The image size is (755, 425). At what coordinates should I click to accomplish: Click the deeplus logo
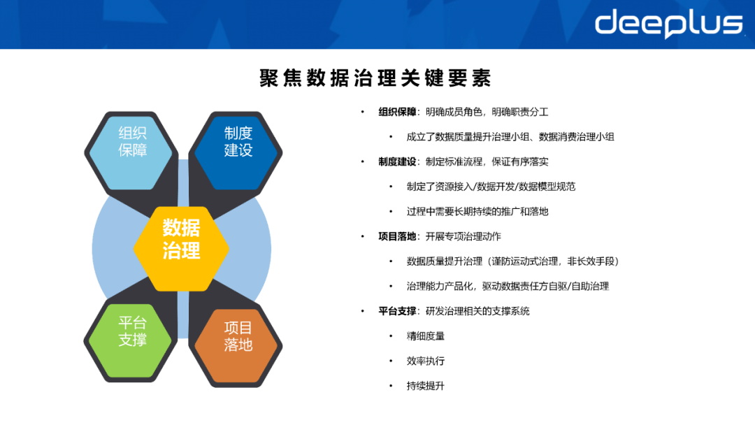pyautogui.click(x=668, y=24)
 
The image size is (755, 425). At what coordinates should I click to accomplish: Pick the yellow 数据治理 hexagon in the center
pyautogui.click(x=182, y=239)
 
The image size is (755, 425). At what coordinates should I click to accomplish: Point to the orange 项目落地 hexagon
pyautogui.click(x=238, y=336)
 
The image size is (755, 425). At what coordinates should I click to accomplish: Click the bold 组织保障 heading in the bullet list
pyautogui.click(x=397, y=112)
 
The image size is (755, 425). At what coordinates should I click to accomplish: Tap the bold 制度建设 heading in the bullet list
pyautogui.click(x=397, y=161)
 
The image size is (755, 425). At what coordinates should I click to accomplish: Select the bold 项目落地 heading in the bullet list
pyautogui.click(x=397, y=236)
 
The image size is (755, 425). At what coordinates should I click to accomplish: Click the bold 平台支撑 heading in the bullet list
pyautogui.click(x=397, y=311)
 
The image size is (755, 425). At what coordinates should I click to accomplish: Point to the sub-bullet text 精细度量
pyautogui.click(x=426, y=336)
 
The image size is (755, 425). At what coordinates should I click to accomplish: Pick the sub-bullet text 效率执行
pyautogui.click(x=426, y=361)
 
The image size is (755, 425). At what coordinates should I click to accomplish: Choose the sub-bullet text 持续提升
pyautogui.click(x=426, y=386)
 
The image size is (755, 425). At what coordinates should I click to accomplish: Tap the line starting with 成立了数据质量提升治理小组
pyautogui.click(x=510, y=137)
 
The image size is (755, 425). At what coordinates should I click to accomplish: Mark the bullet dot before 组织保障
pyautogui.click(x=362, y=112)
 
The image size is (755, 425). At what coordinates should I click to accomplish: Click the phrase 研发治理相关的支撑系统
pyautogui.click(x=477, y=311)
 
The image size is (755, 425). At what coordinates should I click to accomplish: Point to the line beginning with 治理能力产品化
pyautogui.click(x=508, y=286)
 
